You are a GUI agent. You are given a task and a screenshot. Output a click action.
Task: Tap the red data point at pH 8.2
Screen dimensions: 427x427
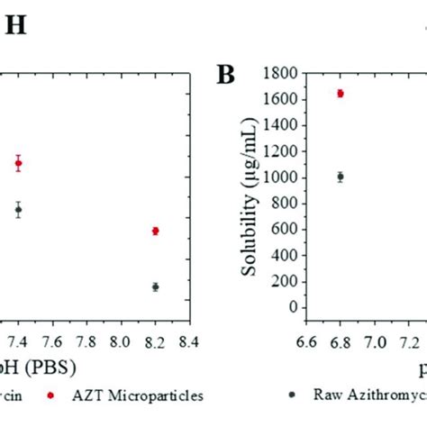pos(156,231)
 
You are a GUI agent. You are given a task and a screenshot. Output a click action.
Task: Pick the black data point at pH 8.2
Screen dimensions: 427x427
pos(156,286)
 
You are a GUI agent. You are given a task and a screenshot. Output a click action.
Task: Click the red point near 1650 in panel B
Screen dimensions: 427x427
pos(341,93)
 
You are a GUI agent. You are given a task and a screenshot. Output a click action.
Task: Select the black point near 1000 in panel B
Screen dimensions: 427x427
pos(341,177)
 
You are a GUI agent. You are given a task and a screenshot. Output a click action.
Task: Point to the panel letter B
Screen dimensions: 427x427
pos(225,75)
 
